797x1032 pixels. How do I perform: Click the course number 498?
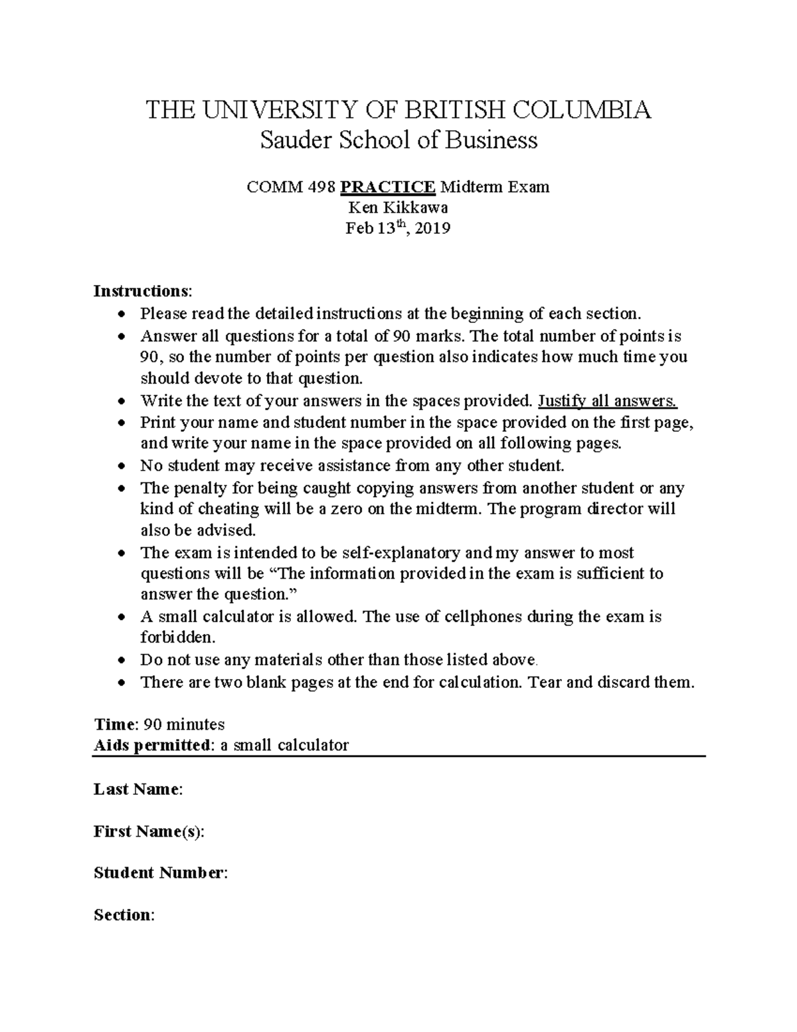pos(321,187)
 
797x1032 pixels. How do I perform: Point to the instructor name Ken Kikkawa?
pos(398,208)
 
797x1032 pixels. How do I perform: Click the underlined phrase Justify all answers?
pos(607,401)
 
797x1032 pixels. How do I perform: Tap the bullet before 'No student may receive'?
pos(120,466)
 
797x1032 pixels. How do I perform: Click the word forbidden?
pos(177,638)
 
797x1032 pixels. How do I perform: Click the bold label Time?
pos(114,724)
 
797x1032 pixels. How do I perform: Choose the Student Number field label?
pos(160,873)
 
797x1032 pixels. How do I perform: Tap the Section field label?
pos(124,915)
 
